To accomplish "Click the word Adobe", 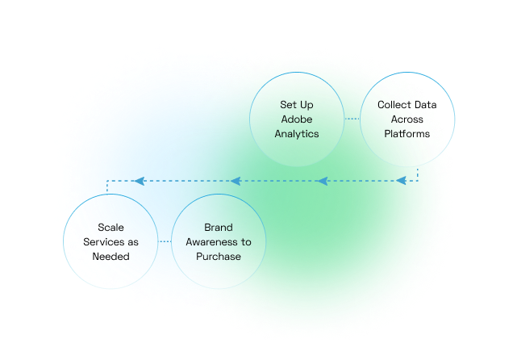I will (297, 119).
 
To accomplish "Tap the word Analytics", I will (297, 134).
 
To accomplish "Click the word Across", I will (407, 119).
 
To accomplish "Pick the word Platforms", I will (407, 134).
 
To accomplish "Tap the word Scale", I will (110, 228).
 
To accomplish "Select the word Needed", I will (110, 257).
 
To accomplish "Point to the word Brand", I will (219, 228).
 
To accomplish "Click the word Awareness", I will (212, 242).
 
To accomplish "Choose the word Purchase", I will (219, 257).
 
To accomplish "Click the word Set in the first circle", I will (288, 105).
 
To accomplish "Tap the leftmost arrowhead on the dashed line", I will (137, 181).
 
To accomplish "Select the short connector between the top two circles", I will (352, 119).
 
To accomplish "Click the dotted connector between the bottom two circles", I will (165, 241).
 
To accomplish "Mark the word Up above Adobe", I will (306, 105).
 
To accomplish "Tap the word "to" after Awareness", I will (246, 242).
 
